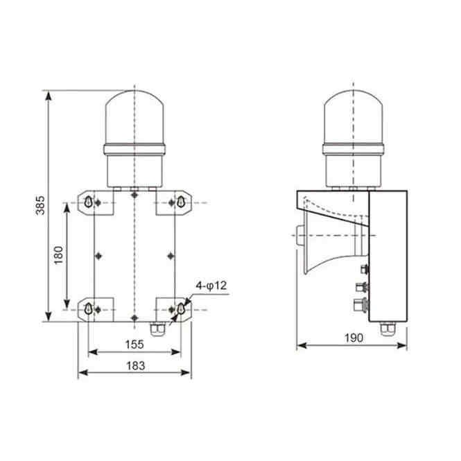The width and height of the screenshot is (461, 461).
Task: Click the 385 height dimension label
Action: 40,205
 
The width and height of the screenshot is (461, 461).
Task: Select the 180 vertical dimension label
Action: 59,255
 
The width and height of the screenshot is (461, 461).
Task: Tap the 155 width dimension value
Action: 134,345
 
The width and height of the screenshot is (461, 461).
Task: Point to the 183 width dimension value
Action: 136,366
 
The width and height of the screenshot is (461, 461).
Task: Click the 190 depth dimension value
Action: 354,338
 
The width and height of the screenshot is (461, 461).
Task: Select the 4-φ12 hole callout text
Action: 211,286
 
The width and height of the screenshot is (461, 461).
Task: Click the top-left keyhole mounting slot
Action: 88,202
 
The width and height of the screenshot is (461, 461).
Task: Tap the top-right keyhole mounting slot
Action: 180,202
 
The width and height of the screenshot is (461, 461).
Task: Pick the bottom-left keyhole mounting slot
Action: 88,308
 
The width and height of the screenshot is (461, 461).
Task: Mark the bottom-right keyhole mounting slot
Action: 180,308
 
